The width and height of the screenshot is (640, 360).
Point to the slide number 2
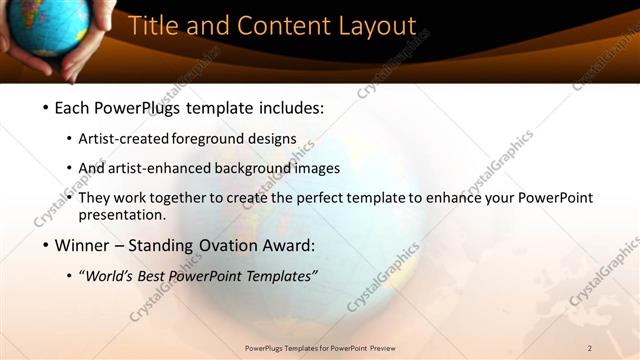coord(590,347)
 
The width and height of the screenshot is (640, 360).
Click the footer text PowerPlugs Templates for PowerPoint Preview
coord(319,347)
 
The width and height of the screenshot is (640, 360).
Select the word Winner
coord(82,245)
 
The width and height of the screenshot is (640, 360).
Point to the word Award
coord(287,245)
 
